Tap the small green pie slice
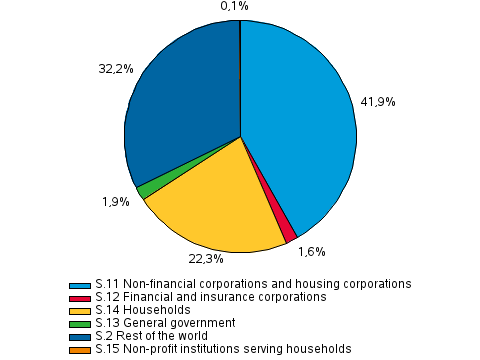(x=146, y=190)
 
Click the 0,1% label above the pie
(x=234, y=7)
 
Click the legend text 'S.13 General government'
(x=165, y=323)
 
